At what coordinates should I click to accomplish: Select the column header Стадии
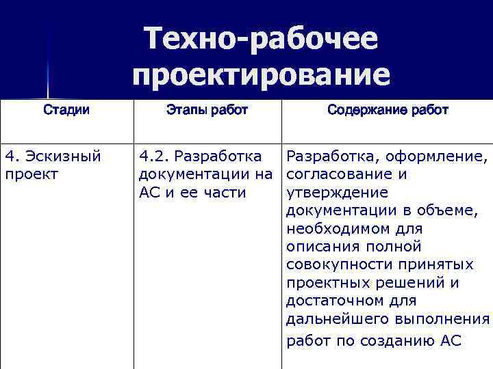point(66,110)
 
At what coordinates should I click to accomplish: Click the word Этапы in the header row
point(185,110)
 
